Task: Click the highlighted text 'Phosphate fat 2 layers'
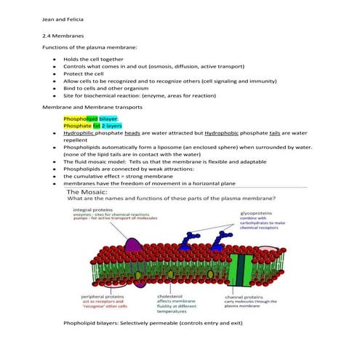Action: coord(92,125)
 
